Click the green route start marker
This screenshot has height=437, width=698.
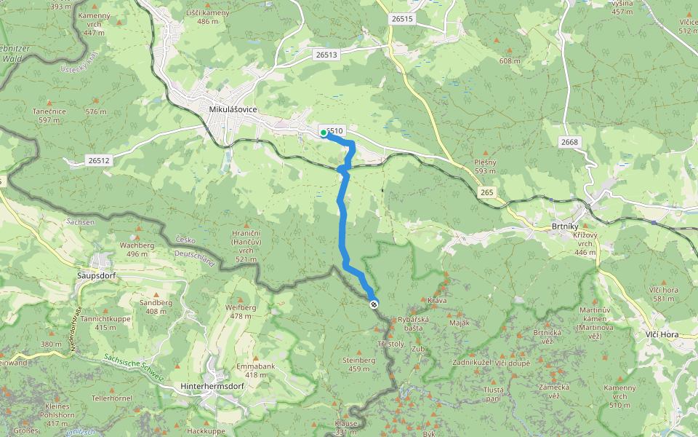point(323,133)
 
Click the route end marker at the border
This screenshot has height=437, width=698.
point(373,304)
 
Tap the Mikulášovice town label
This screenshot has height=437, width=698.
point(233,109)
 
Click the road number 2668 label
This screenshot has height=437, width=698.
point(569,141)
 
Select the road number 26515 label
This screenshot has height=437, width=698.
point(401,19)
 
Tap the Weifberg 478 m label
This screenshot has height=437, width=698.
point(241,311)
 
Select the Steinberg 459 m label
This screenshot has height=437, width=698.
point(358,364)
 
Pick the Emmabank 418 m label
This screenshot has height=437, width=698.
point(255,371)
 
